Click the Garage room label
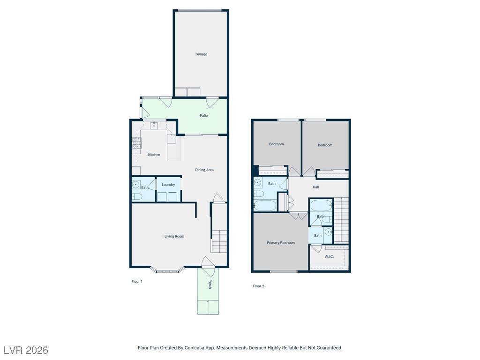201,54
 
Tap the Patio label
204,115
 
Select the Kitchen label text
154,155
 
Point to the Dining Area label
204,170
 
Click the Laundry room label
168,185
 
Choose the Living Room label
174,236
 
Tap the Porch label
210,284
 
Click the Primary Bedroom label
281,243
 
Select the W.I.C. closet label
329,256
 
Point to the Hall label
315,187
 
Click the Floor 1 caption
137,282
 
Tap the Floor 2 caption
258,286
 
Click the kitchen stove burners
136,143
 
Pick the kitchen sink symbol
154,126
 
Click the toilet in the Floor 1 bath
137,196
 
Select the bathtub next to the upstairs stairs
321,205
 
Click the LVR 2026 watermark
26,350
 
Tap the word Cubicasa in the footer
195,348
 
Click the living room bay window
168,270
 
